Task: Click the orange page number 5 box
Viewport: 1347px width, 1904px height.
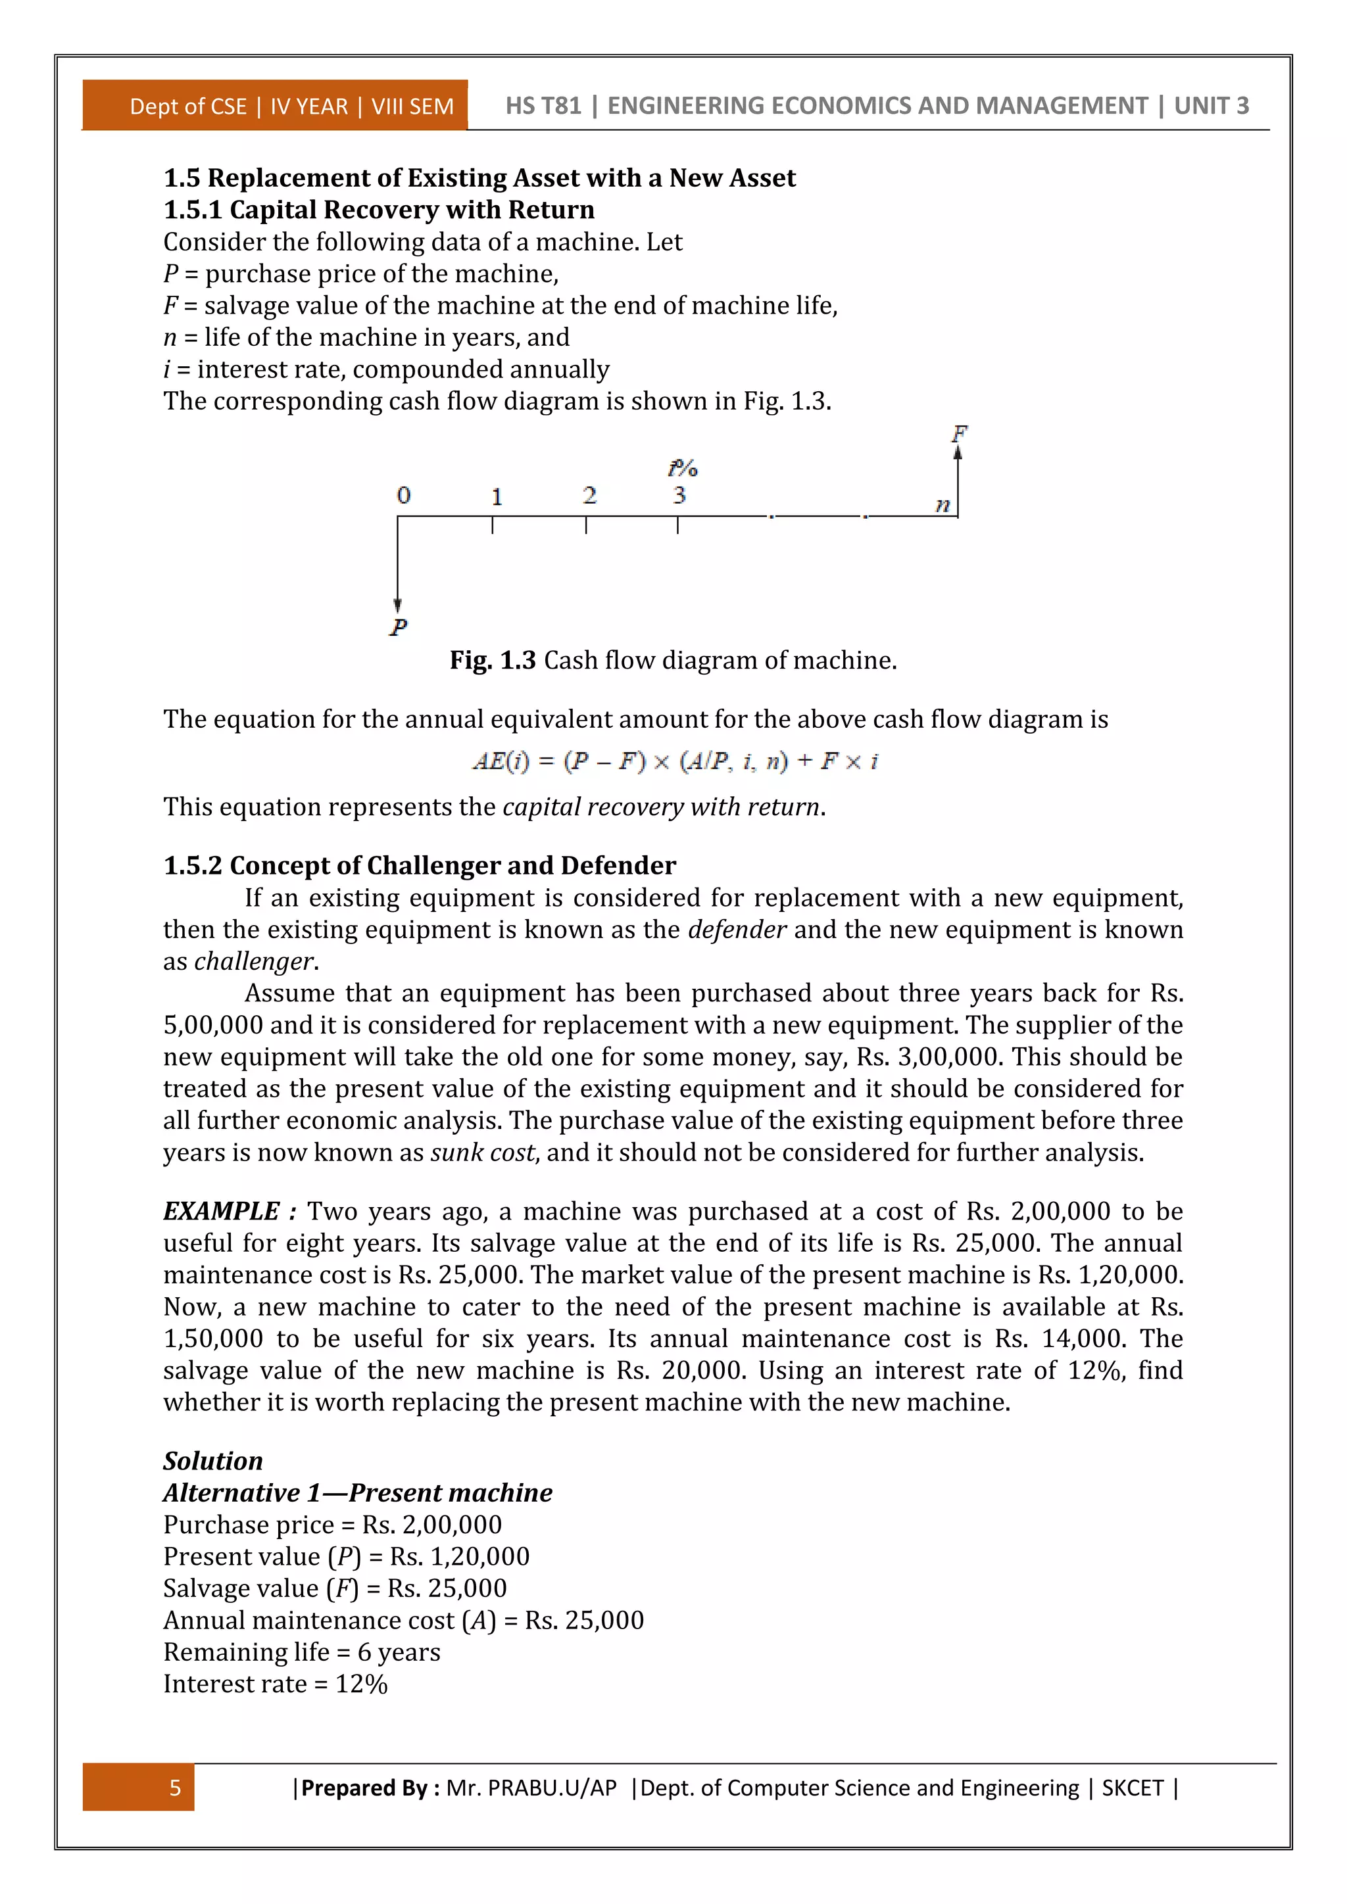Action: [139, 1786]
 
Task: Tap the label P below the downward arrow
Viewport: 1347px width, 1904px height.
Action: [398, 627]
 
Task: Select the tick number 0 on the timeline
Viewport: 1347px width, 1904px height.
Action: [403, 495]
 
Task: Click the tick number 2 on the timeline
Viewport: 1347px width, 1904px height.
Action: [589, 495]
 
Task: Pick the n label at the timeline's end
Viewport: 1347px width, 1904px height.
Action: [943, 504]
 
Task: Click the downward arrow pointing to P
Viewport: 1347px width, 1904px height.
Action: [397, 572]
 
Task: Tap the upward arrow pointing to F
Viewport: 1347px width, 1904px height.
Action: [958, 481]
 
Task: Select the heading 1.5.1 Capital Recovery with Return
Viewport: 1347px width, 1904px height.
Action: [379, 209]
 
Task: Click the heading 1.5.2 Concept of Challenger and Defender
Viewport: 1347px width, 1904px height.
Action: [419, 865]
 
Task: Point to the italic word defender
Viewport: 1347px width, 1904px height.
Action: [737, 929]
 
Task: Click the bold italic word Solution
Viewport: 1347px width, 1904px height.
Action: [213, 1460]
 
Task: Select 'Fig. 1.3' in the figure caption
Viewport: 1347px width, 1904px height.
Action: [492, 660]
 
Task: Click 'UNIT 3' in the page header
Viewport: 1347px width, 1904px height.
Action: [1211, 105]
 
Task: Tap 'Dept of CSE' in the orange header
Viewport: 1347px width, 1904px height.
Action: [188, 106]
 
